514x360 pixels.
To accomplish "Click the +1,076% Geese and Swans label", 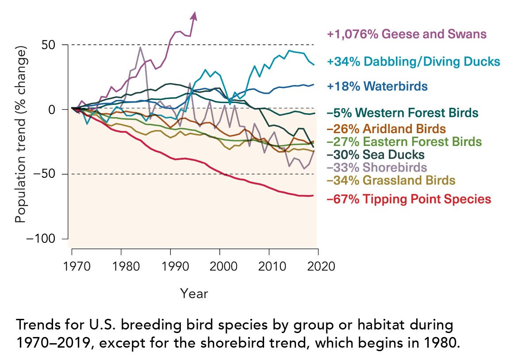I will [x=407, y=34].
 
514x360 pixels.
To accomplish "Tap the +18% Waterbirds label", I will [x=377, y=86].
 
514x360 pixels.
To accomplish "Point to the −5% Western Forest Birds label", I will [x=403, y=112].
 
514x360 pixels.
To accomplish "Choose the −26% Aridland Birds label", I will [x=386, y=129].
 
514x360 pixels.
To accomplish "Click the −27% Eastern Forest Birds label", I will [x=403, y=142].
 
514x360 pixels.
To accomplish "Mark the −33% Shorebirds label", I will [x=376, y=168].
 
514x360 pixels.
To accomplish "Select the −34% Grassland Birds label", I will [x=391, y=180].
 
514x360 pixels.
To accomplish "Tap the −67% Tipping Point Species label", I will [x=409, y=199].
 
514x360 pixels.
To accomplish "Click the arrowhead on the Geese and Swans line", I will [x=194, y=15].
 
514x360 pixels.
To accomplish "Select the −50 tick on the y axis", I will [x=50, y=174].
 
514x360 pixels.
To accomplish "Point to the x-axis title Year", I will [x=194, y=293].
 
